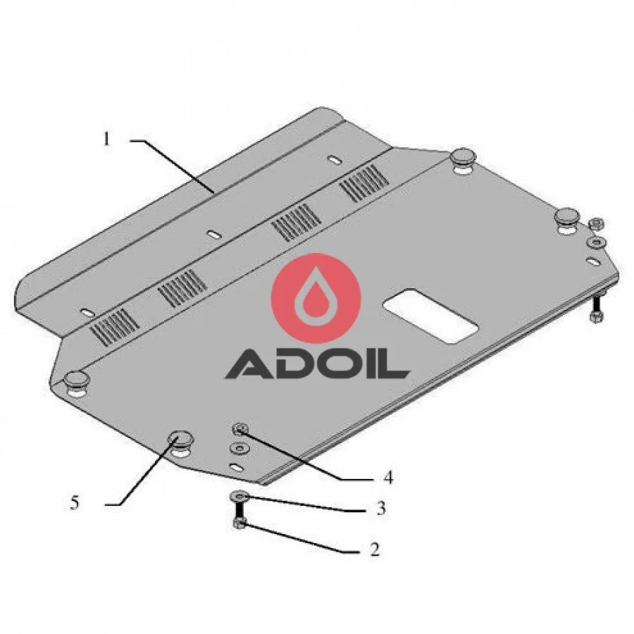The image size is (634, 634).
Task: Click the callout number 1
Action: pos(106,139)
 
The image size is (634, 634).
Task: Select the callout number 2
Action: pos(375,549)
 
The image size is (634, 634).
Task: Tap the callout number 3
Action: pos(380,508)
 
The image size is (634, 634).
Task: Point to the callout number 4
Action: pos(387,478)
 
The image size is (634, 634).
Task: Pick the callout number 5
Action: pos(75,503)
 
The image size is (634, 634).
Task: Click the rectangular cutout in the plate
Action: pos(431,316)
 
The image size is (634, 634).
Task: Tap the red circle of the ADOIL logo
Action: pos(316,298)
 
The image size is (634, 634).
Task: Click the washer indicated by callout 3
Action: pos(239,496)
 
